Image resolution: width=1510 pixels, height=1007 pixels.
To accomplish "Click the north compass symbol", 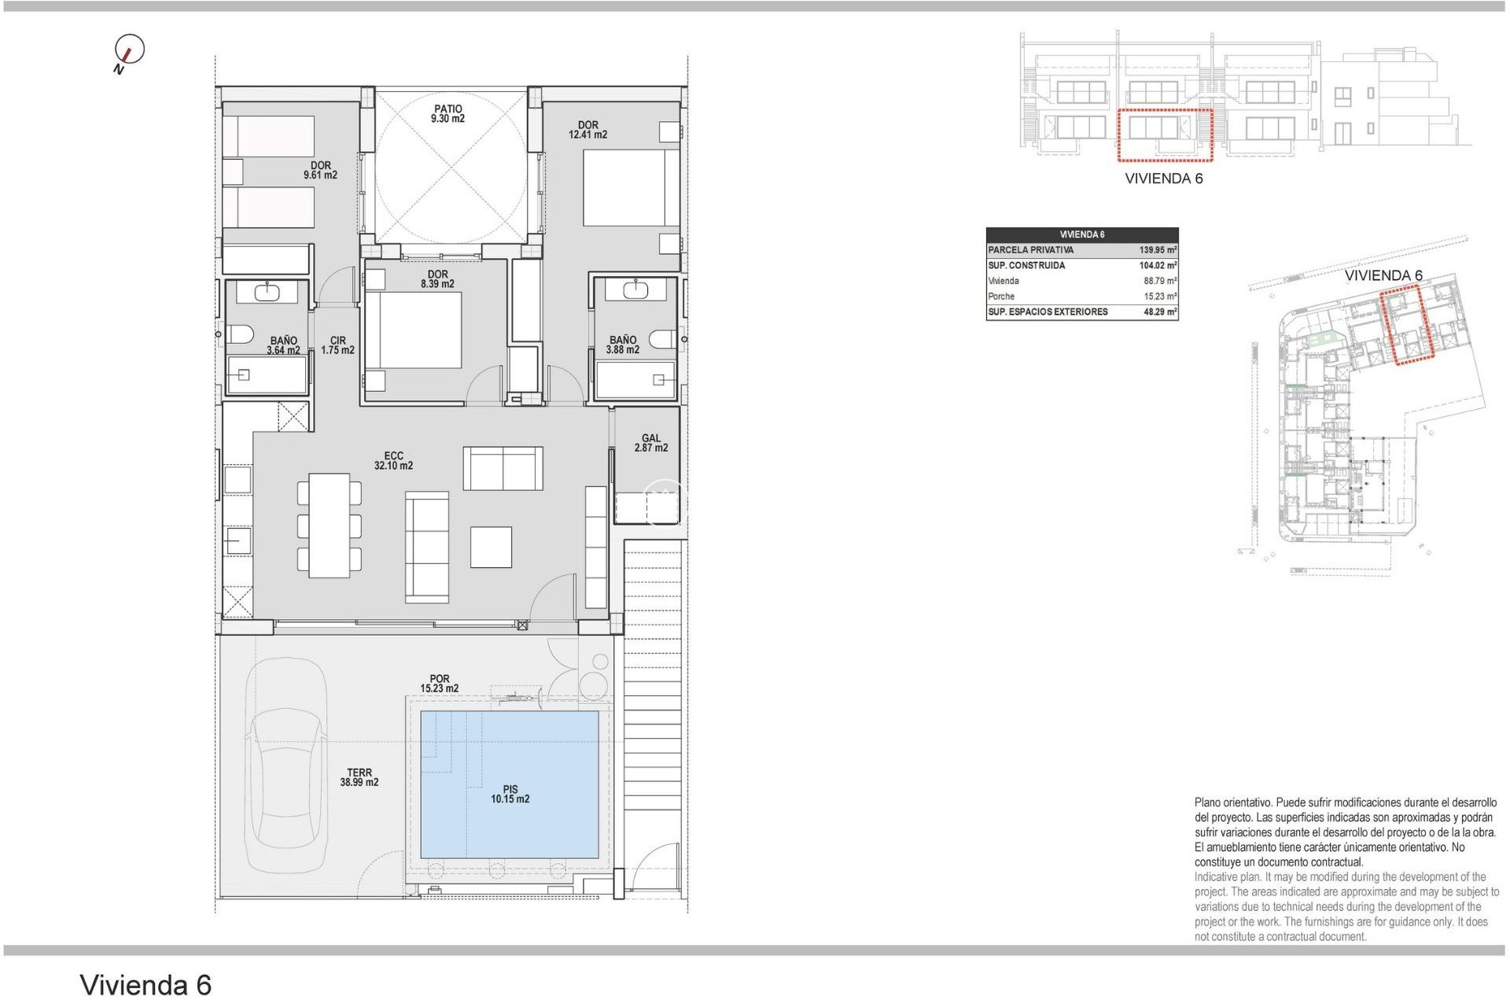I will coord(130,50).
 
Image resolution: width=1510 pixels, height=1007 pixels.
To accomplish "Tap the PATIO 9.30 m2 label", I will coord(447,114).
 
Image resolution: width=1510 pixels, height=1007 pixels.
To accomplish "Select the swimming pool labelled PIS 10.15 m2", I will coord(510,784).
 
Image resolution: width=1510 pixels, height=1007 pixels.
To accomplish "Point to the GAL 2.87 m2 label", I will coord(651,443).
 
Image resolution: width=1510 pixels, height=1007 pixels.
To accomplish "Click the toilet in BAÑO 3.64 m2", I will coord(240,334).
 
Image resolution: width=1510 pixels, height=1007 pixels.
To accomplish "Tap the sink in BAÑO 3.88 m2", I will coord(635,290).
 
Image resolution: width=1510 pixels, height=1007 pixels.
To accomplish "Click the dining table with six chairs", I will coord(329,526).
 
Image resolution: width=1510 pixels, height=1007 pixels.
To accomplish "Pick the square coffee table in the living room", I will coord(491,547).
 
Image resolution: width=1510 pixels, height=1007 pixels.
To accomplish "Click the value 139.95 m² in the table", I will coord(1158,250).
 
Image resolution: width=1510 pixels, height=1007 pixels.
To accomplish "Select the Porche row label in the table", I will coord(1001,297).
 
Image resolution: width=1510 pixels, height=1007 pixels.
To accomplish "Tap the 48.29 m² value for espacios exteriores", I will coord(1159,312).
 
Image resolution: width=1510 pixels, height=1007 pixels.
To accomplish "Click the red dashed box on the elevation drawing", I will coord(1165,135).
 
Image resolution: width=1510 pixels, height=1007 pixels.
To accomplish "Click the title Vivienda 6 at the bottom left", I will coord(145,985).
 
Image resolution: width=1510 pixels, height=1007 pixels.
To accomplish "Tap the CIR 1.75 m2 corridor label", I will coord(337,345).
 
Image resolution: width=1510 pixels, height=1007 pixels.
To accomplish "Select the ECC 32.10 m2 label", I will coord(393,461).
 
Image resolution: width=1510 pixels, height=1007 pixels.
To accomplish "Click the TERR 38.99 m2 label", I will coord(359,777).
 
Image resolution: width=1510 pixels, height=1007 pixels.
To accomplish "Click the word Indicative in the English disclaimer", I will coord(1217,877).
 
